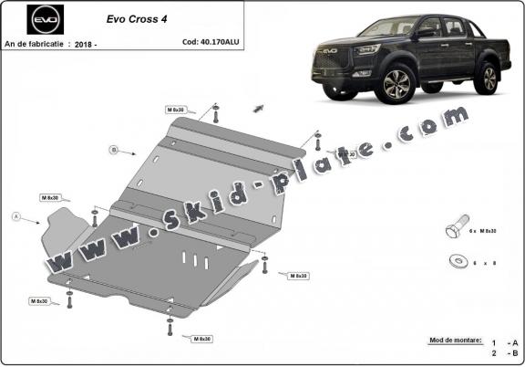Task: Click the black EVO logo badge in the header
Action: [43, 18]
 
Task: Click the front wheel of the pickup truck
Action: [394, 86]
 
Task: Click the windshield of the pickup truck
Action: [396, 27]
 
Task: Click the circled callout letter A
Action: [15, 216]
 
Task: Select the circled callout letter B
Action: [114, 149]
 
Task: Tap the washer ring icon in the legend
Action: [457, 261]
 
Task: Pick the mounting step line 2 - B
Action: [501, 351]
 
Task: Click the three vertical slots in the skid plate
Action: [194, 259]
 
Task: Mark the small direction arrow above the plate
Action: [259, 108]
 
